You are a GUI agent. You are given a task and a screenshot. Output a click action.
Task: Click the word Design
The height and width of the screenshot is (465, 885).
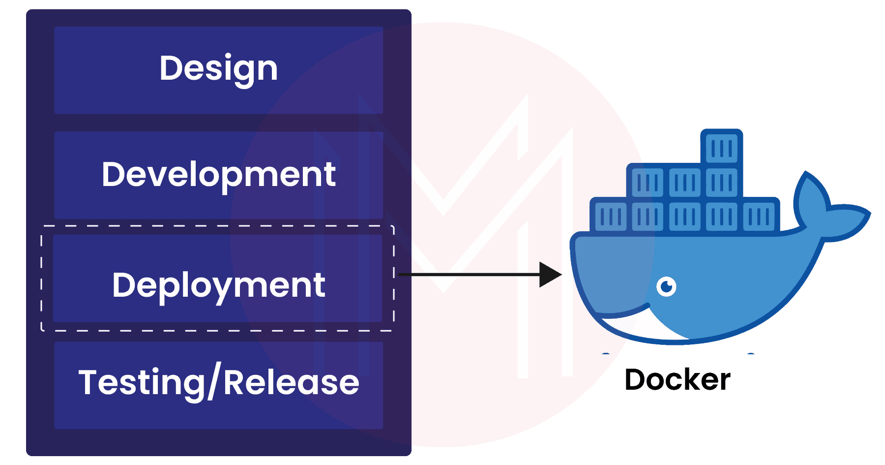point(218,68)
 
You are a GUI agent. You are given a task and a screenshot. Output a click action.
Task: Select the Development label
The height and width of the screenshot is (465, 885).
point(218,175)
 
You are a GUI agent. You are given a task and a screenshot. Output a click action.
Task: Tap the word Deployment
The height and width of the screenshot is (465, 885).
point(218,285)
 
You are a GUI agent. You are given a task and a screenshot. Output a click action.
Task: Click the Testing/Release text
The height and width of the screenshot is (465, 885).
point(218,383)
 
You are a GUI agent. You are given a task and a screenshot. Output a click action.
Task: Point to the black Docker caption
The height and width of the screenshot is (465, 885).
point(677,380)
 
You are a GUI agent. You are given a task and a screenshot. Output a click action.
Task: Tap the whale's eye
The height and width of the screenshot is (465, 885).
point(666,286)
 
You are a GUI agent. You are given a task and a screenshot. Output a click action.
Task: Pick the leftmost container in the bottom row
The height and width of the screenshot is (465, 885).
point(610,216)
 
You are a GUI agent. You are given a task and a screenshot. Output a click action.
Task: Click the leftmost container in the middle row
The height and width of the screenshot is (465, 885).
point(647,183)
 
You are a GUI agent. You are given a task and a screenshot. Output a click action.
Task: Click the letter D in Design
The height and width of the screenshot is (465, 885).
point(169,68)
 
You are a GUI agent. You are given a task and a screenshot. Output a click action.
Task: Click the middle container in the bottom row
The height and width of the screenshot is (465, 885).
point(684,216)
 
